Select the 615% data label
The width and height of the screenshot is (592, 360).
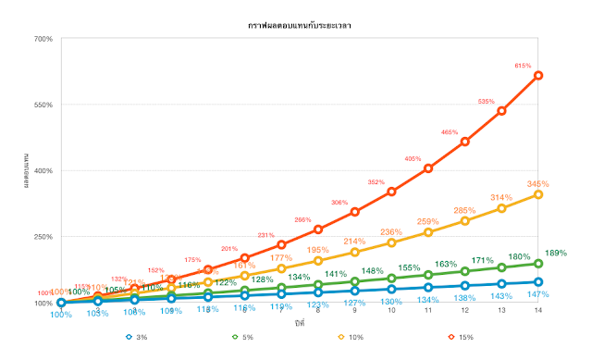click(x=524, y=66)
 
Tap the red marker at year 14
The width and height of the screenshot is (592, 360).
click(x=538, y=75)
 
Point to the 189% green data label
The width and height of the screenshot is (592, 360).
click(x=555, y=253)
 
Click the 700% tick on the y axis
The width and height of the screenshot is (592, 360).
click(x=43, y=39)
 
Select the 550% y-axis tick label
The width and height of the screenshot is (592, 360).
click(x=43, y=105)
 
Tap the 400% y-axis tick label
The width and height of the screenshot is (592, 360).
click(x=43, y=171)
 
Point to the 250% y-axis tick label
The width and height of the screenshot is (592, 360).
click(x=43, y=237)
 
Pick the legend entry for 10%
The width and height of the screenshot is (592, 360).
click(x=354, y=337)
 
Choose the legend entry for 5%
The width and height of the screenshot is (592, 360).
click(x=245, y=337)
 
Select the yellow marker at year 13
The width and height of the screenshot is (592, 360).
click(x=501, y=208)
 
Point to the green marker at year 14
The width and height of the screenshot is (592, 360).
click(x=538, y=264)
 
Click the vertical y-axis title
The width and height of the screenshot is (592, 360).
click(x=26, y=171)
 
